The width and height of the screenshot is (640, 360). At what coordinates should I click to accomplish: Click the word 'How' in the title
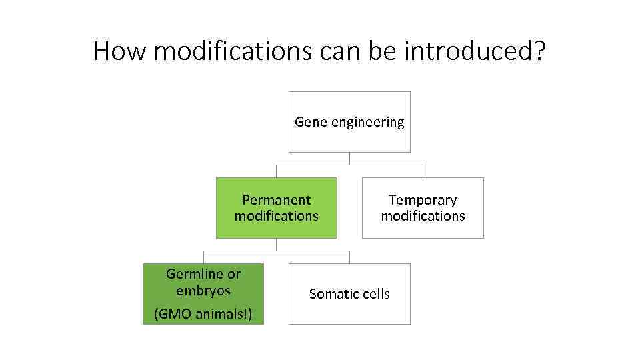pos(117,51)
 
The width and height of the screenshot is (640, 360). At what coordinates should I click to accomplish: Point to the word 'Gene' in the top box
pos(309,122)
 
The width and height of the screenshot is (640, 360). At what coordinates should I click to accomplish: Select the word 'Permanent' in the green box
pos(276,200)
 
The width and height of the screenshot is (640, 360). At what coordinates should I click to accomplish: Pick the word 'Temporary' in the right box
pos(423,200)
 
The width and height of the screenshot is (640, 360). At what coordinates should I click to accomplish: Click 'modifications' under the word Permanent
pos(276,216)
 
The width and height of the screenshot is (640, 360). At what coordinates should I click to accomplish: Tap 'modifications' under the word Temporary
pos(423,216)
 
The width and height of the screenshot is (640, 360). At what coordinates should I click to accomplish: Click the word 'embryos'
pos(203,291)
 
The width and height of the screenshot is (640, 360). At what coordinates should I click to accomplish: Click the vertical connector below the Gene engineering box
pos(349,159)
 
